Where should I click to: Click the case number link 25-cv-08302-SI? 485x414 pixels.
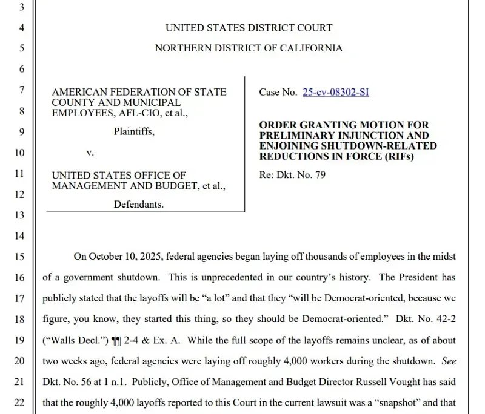pyautogui.click(x=335, y=93)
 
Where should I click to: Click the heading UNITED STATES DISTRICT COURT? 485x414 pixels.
pyautogui.click(x=249, y=28)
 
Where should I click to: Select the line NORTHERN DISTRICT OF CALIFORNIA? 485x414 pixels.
pyautogui.click(x=249, y=48)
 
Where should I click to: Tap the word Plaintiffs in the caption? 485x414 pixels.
pyautogui.click(x=134, y=132)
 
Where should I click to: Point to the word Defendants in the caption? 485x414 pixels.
pyautogui.click(x=139, y=205)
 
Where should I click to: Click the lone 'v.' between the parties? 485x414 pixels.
pyautogui.click(x=90, y=153)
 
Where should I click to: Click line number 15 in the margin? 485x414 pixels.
pyautogui.click(x=19, y=257)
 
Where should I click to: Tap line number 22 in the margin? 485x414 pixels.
pyautogui.click(x=19, y=402)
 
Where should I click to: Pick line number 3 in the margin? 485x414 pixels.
pyautogui.click(x=22, y=7)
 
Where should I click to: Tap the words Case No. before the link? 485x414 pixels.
pyautogui.click(x=278, y=93)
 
